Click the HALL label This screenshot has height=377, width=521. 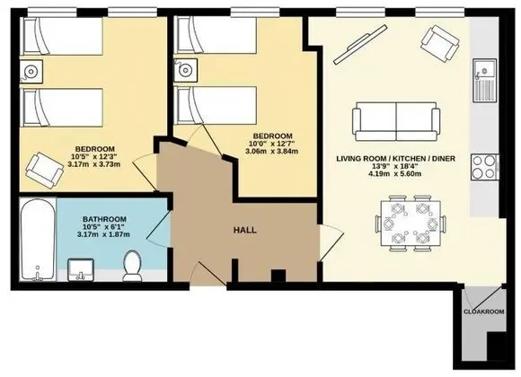point(245,230)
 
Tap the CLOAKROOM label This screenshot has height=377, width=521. point(484,311)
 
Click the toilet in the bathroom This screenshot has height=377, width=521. point(132,266)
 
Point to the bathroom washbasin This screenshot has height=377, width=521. point(81,270)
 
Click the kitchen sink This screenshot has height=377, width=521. point(485,80)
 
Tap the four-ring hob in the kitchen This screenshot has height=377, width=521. point(485,167)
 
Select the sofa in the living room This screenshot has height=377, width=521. point(396,121)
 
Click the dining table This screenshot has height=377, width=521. point(411,224)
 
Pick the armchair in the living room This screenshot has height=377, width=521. point(440,43)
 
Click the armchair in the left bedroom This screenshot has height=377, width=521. point(45,170)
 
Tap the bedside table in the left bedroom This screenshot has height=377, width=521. point(31,72)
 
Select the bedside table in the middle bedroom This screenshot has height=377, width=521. point(185,70)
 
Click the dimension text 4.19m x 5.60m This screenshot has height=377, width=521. point(395,173)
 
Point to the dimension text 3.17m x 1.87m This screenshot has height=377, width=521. point(103,234)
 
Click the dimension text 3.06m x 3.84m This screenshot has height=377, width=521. point(272,151)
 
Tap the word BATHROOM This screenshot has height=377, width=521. point(104,219)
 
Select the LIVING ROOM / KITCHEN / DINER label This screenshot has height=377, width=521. point(396,159)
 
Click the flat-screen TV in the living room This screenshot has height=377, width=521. point(360,45)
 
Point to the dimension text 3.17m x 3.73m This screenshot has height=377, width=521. point(93,164)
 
